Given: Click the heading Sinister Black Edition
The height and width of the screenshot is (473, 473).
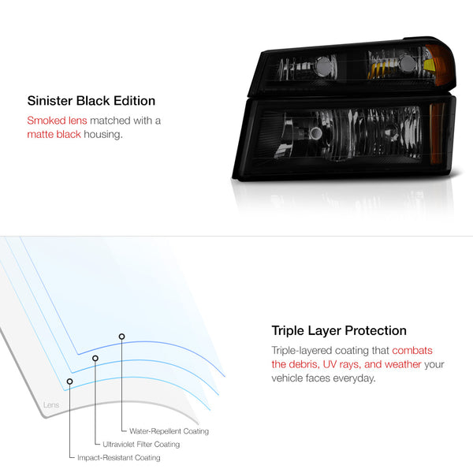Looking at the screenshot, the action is pos(91,101).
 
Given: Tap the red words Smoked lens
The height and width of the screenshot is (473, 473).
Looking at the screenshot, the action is pos(57,121).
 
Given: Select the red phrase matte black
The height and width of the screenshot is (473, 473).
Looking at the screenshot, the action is pos(54,134).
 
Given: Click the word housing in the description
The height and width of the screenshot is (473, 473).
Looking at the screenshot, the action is pos(103,135).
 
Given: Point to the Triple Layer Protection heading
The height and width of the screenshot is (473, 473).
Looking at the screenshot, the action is pos(339,331).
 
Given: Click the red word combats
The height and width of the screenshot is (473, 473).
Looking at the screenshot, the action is pos(412,351).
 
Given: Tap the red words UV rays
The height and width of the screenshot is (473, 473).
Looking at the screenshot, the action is pos(341,365).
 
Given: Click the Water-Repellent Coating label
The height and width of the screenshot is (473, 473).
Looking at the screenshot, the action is pos(169,431).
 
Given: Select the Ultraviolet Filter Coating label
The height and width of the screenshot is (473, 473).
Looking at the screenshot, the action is pos(141,445).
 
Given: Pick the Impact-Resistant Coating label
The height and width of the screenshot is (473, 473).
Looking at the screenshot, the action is pos(119,457).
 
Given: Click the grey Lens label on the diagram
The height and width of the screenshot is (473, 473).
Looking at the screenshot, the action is pos(51,405).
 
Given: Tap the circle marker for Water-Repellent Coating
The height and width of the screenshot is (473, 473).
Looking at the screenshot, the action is pos(121,337).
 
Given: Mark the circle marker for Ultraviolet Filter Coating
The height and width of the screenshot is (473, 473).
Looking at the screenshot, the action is pos(95,359).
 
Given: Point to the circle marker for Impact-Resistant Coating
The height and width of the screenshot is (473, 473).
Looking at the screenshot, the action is pos(69,382).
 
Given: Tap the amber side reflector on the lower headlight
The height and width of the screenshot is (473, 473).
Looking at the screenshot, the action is pos(437,134).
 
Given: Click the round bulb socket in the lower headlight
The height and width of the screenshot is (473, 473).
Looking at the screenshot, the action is pos(315,132).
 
